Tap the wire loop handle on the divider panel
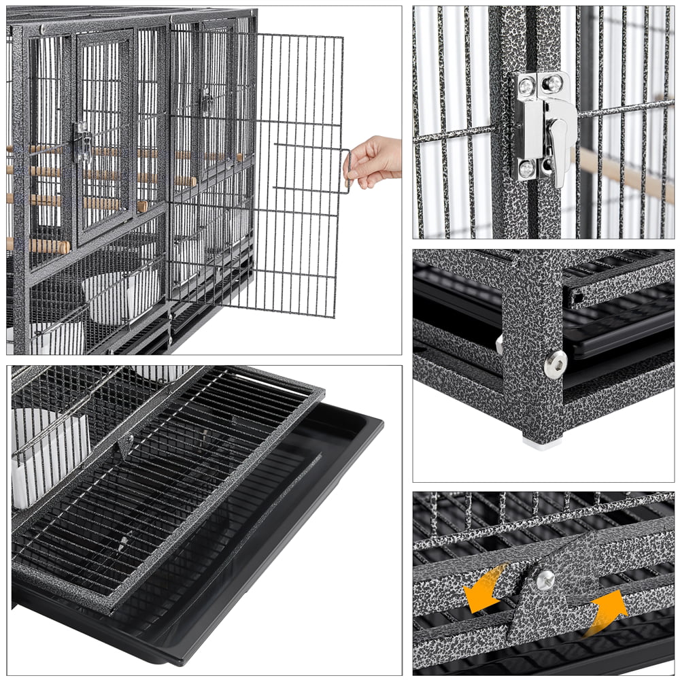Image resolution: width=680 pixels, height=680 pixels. pos(347,171)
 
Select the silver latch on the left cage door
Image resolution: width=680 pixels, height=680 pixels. pos(82,143)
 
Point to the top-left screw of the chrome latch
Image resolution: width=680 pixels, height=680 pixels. pos(526,86)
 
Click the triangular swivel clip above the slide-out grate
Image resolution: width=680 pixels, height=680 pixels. pos(124,445)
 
